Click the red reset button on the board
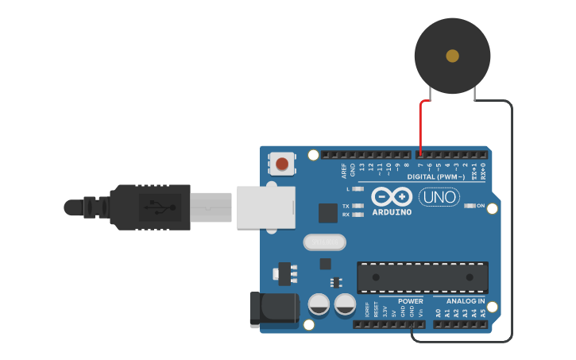282,165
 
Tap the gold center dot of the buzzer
452,56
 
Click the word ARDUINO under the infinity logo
392,212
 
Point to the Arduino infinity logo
392,196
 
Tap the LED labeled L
358,189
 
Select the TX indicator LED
358,206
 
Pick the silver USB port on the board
265,208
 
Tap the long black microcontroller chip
422,277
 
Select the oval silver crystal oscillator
325,242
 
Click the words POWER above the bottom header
410,301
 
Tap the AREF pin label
344,169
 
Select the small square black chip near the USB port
328,212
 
